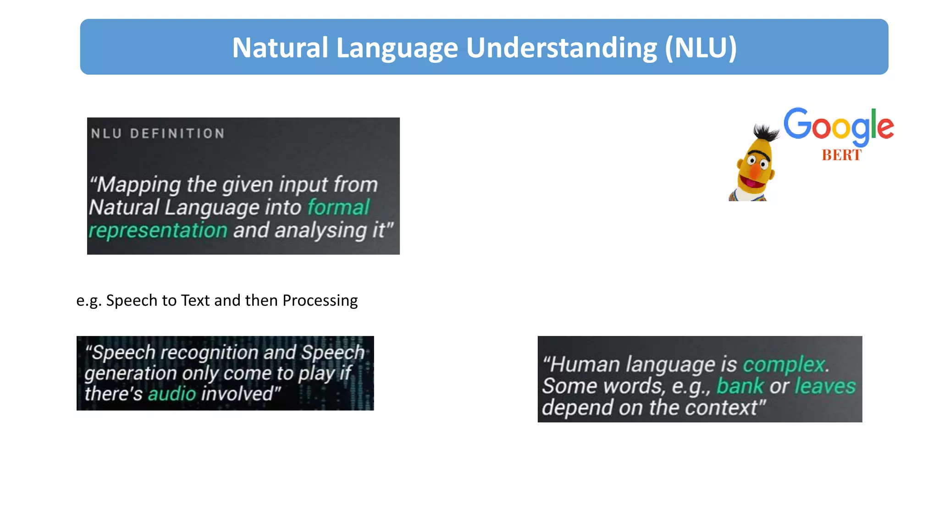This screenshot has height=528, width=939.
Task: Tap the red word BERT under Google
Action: (x=841, y=155)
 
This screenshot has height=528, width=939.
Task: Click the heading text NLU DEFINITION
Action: (x=158, y=133)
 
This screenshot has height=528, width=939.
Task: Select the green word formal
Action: (x=338, y=207)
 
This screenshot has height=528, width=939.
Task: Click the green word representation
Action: (x=158, y=230)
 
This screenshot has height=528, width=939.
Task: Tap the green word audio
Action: (x=172, y=394)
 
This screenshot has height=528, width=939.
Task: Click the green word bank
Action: (x=740, y=386)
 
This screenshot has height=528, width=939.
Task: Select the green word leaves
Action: (x=825, y=386)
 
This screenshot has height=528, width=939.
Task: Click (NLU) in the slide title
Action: (x=701, y=48)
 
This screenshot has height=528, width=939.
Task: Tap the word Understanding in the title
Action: (x=561, y=48)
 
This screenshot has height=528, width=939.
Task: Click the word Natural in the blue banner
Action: (x=280, y=48)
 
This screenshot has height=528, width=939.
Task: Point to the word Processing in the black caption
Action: (x=320, y=300)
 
